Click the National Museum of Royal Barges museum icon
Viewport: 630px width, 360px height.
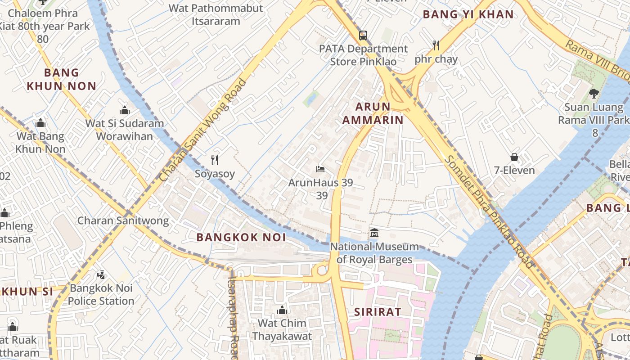374,233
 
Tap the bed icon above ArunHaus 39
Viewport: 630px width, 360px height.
320,169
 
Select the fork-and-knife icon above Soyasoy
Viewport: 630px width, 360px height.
215,160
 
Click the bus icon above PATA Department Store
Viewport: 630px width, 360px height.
363,35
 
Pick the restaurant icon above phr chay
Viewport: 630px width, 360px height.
436,45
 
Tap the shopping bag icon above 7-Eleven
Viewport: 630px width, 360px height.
514,157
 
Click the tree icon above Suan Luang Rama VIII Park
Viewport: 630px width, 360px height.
594,94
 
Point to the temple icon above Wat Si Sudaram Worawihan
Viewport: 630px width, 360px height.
125,110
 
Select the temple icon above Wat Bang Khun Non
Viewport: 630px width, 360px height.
40,123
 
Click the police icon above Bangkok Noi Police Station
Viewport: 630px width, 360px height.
101,274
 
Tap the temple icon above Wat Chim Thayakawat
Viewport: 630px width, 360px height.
282,310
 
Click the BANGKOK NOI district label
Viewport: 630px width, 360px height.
241,238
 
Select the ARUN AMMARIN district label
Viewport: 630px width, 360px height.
373,113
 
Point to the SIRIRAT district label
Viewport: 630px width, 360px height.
377,312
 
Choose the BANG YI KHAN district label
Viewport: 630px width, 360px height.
468,14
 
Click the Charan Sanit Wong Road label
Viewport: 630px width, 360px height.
204,130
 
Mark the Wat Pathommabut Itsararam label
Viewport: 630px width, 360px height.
216,14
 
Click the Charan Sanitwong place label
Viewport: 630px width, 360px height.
123,220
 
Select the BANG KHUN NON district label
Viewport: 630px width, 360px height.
62,79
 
